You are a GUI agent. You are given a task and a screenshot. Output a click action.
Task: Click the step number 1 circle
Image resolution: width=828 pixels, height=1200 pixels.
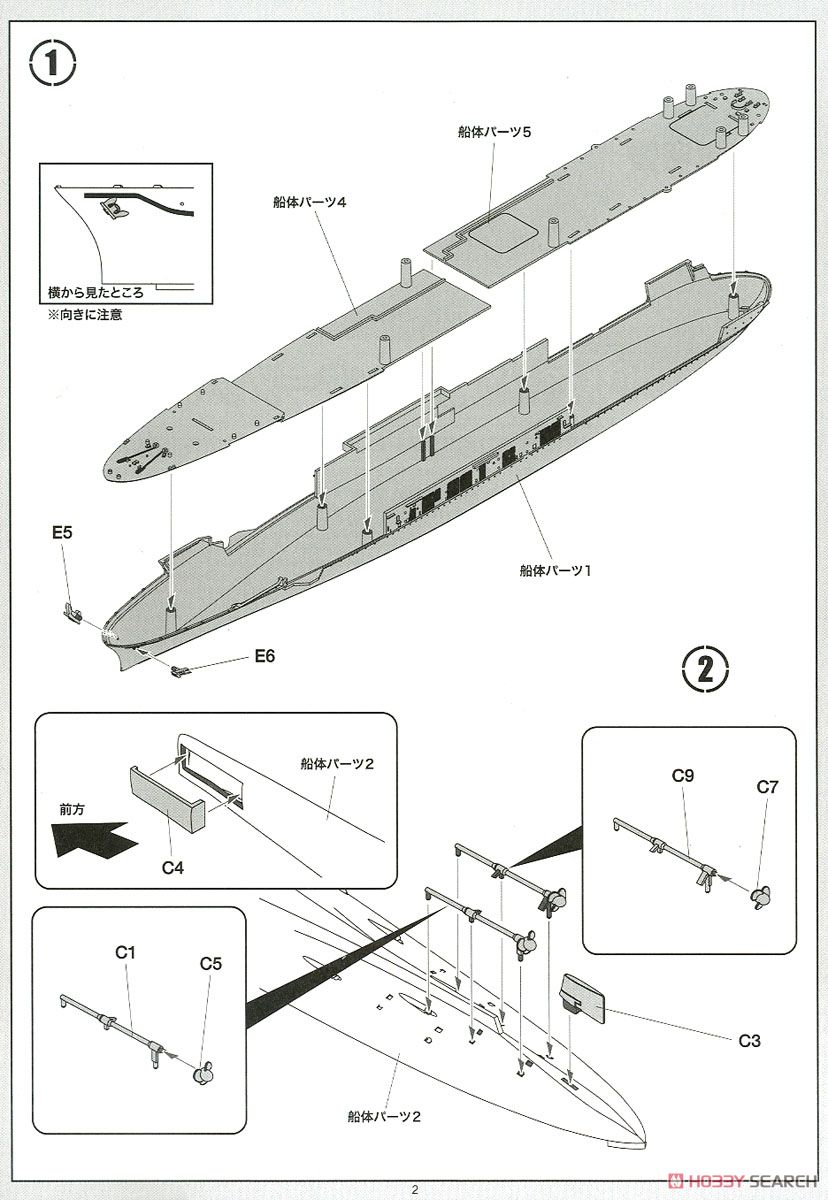point(53,65)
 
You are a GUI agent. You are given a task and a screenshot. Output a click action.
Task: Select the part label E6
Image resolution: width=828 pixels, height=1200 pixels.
point(264,656)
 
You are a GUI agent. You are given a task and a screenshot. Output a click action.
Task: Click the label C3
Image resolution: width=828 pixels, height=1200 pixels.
point(750,1041)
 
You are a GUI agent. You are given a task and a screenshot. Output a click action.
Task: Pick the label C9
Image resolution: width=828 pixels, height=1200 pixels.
point(684,774)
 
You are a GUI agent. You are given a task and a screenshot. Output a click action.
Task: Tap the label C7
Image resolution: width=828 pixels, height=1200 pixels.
point(767,787)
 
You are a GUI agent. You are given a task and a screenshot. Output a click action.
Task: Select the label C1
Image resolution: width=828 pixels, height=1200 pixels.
point(125,952)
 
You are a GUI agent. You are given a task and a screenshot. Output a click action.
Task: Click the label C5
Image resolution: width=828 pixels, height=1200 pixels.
point(210,964)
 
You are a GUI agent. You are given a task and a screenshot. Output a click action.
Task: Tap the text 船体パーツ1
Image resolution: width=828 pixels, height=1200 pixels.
point(556,570)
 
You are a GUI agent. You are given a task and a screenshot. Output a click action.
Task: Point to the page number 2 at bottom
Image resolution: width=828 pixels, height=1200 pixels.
point(413,1189)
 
